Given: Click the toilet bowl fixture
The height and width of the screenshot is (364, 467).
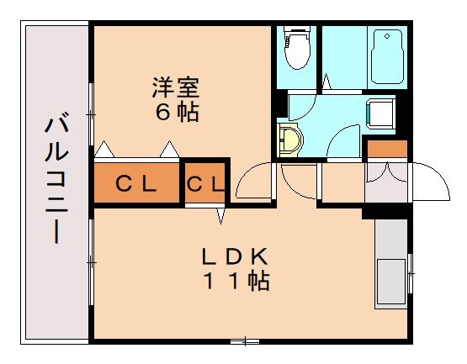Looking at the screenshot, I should (x=296, y=49).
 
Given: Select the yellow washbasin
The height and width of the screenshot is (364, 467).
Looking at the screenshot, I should (x=289, y=140).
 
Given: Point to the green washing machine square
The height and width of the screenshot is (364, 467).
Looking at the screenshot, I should (x=380, y=112).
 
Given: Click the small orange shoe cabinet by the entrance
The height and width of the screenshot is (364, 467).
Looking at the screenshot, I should (x=387, y=150).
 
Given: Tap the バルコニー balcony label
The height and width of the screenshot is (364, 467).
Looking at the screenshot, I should (x=56, y=180).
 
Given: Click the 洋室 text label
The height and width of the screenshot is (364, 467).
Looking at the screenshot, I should (x=176, y=87).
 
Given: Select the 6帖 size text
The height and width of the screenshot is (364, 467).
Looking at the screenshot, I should (x=177, y=112).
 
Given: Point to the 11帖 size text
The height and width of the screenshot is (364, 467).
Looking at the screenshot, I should (x=235, y=282).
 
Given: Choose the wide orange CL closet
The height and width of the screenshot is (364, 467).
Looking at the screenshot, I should (x=136, y=183).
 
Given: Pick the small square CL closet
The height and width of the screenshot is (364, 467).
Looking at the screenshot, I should (x=205, y=183).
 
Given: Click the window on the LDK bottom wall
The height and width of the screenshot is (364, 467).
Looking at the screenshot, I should (x=244, y=340).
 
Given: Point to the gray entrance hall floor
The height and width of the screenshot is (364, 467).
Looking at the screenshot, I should (x=385, y=185).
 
